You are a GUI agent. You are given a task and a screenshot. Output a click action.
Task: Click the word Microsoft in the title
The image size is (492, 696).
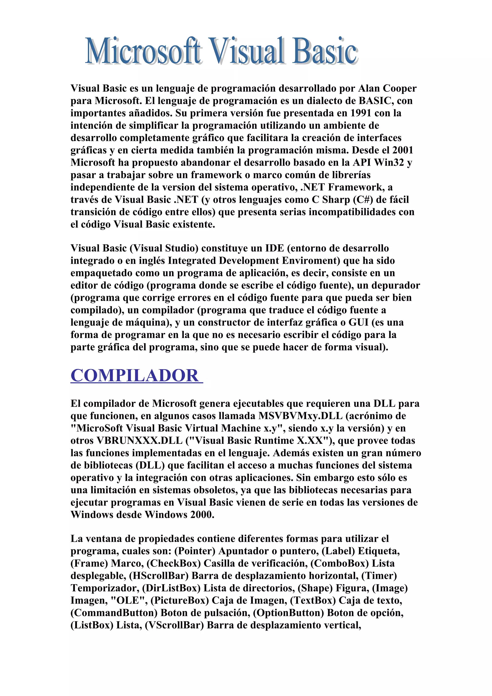(x=142, y=51)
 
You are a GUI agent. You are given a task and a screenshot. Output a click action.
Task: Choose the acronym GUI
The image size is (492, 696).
(x=359, y=322)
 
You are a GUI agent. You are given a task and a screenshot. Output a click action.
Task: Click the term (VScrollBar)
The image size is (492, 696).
(x=174, y=625)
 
